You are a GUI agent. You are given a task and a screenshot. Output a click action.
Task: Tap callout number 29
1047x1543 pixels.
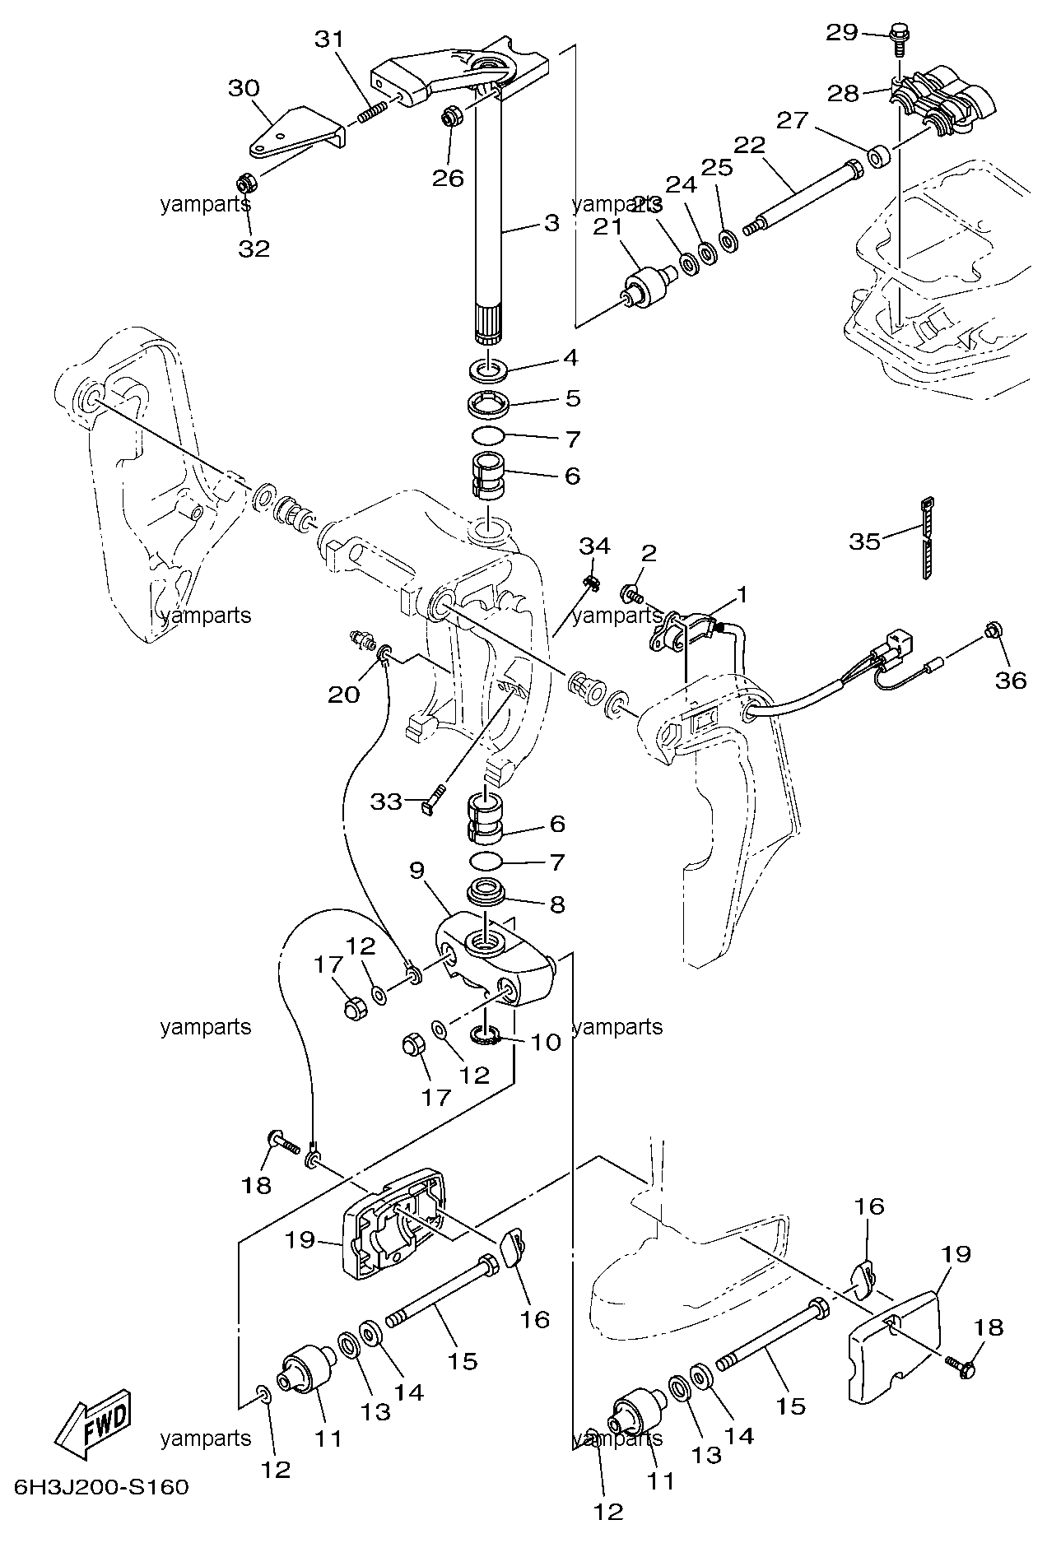[x=842, y=33]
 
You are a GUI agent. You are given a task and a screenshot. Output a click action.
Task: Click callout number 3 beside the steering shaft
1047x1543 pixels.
[x=551, y=222]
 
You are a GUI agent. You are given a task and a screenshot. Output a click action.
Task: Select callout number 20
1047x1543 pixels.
[x=343, y=694]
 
